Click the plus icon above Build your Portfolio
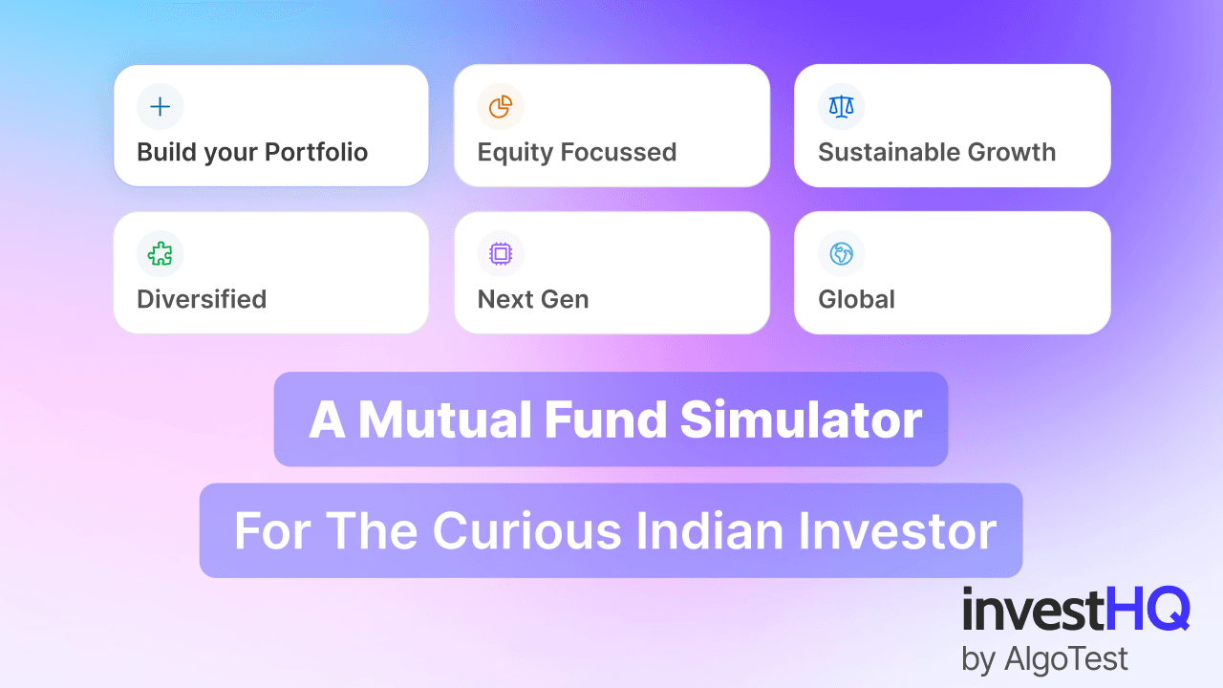(161, 106)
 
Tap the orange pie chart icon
(501, 106)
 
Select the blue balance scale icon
(841, 106)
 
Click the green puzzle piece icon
(161, 253)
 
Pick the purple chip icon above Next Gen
(501, 253)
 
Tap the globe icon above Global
(841, 253)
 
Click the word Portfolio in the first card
(316, 153)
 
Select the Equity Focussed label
(576, 153)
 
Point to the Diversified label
(202, 299)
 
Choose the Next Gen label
(533, 299)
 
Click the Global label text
(856, 299)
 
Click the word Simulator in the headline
(802, 420)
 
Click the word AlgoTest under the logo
(1068, 658)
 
